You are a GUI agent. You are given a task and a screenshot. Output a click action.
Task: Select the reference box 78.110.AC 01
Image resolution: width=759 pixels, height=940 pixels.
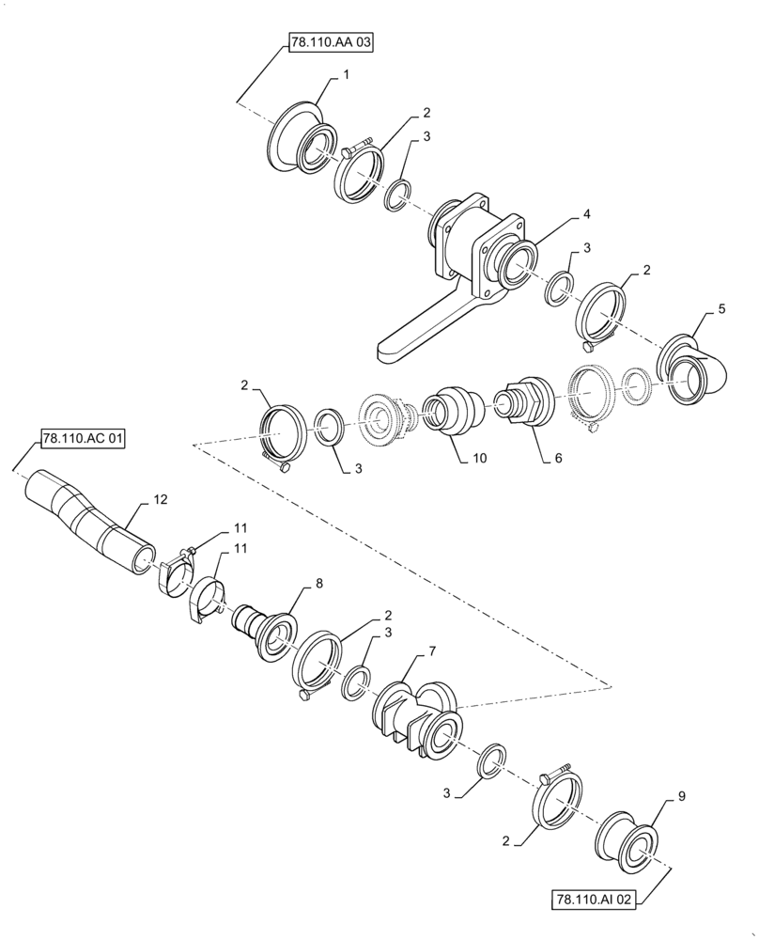pos(83,439)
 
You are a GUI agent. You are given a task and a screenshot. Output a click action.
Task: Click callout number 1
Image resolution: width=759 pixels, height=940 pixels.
pos(347,74)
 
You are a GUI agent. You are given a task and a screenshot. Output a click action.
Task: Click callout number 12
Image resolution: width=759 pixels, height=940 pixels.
pos(161,501)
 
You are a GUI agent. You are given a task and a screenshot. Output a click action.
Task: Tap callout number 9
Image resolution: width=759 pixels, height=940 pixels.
pos(681,796)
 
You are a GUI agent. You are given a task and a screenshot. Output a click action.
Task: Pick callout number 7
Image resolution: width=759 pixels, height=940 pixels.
pos(432,650)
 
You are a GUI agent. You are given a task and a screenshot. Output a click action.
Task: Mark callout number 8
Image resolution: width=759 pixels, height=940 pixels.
pos(318,584)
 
